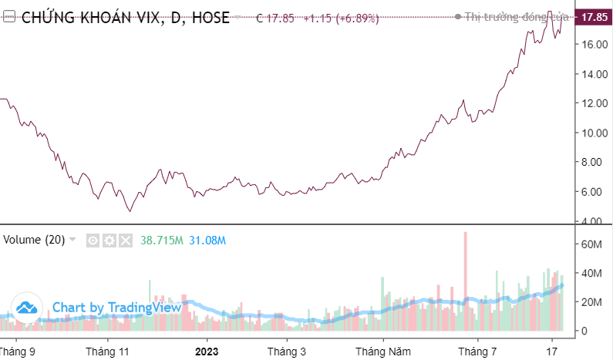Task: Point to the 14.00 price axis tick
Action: [593, 74]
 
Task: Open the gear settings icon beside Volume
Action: [109, 241]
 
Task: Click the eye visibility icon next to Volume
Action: [93, 241]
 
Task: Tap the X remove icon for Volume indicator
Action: [126, 241]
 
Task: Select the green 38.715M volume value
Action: [161, 241]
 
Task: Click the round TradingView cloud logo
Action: [28, 308]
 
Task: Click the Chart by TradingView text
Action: [116, 308]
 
